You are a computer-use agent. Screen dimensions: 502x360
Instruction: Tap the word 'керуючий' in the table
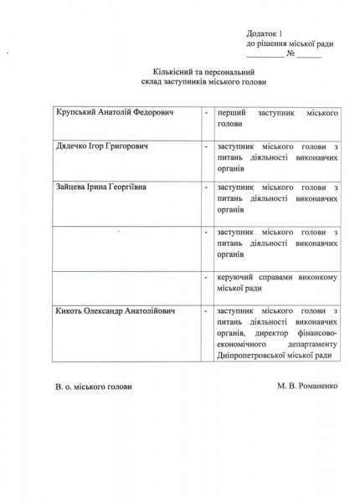pos(235,277)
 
